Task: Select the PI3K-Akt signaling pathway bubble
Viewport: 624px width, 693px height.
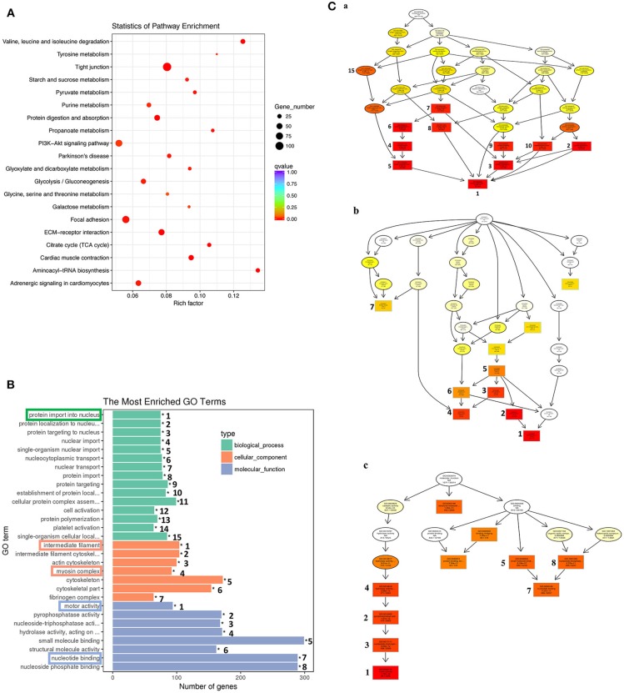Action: pyautogui.click(x=119, y=143)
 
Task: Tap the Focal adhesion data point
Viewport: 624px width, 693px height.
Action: pyautogui.click(x=127, y=219)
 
